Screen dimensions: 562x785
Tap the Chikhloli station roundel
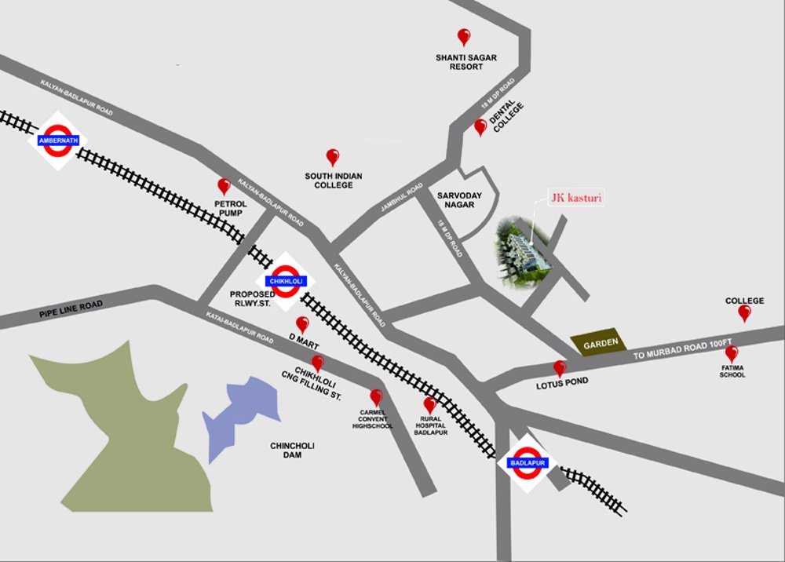tap(286, 280)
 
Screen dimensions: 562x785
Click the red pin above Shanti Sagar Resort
tap(464, 36)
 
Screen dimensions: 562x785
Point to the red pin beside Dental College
tap(480, 126)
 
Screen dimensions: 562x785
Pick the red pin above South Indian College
tap(333, 157)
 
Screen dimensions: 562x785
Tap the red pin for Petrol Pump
tap(224, 186)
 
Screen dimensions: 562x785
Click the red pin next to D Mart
tap(302, 323)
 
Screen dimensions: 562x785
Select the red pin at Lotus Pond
tap(559, 367)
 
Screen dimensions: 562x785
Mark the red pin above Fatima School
tap(731, 353)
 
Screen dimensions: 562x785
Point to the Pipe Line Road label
tap(71, 309)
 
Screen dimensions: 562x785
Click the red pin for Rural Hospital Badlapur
tap(429, 405)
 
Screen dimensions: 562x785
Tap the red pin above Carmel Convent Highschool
tap(376, 397)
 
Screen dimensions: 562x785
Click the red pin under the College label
tap(744, 313)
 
